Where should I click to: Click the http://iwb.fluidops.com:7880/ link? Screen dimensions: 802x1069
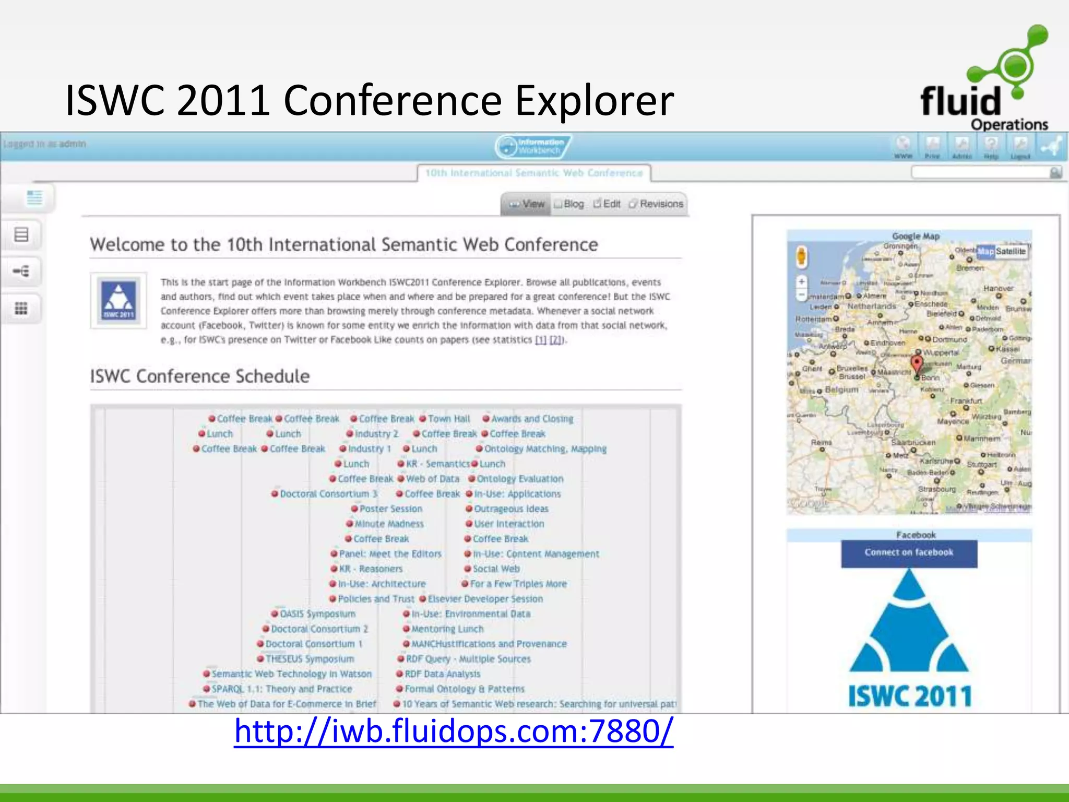(x=454, y=731)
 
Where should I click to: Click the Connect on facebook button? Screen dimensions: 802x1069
(x=909, y=553)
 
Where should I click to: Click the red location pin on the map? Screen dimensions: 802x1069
(x=917, y=363)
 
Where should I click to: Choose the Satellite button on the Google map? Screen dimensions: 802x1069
(x=1011, y=251)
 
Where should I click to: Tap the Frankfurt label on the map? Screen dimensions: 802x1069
(x=966, y=400)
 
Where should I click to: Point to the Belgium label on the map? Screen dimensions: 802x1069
(x=841, y=390)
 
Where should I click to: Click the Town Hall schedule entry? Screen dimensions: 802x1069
(x=449, y=419)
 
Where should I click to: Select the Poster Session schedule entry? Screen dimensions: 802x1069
(x=390, y=509)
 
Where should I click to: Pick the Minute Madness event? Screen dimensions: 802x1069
(x=389, y=524)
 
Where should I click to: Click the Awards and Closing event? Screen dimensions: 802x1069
(x=531, y=419)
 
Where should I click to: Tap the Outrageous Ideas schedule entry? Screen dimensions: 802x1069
(x=511, y=509)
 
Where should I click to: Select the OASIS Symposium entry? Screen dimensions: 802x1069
(x=317, y=614)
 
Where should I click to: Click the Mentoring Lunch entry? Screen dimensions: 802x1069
(x=447, y=629)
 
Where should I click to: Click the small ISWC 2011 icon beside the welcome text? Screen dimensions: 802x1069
(x=118, y=301)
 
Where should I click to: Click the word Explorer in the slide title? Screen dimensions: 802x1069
(x=595, y=100)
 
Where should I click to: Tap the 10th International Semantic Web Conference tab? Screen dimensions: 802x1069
(x=533, y=173)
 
